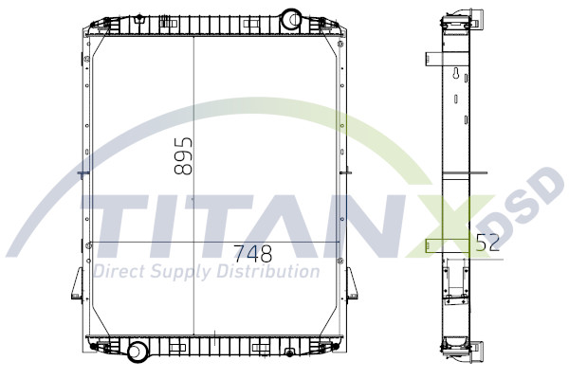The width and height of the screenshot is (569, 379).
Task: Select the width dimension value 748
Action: pos(252,254)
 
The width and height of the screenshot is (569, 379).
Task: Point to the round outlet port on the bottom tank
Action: pos(138,352)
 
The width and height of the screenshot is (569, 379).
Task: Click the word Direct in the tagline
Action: pos(122,273)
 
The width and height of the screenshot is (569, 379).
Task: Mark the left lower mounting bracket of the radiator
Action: pos(78,285)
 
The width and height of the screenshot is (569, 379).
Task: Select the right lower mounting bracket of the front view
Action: pos(349,285)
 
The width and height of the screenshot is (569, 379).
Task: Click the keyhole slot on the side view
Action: pos(457,77)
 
